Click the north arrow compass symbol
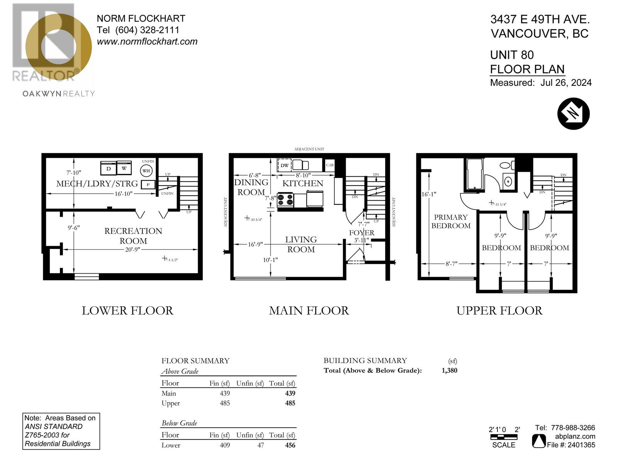click(x=573, y=113)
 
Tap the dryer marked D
click(x=109, y=168)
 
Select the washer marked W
click(x=124, y=168)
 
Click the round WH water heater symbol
click(x=146, y=171)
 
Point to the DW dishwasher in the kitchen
click(x=285, y=165)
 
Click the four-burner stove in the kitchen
click(x=285, y=200)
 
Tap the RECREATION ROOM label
click(x=133, y=236)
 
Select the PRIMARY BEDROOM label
click(x=451, y=221)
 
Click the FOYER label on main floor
click(x=362, y=233)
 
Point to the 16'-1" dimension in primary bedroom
click(x=428, y=194)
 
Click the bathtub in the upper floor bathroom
click(x=475, y=175)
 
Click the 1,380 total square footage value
click(x=449, y=370)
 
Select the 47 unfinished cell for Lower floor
click(x=261, y=445)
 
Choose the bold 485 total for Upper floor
click(x=290, y=403)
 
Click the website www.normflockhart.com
click(x=147, y=41)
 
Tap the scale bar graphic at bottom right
click(x=504, y=437)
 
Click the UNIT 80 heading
click(x=512, y=55)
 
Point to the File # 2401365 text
click(x=571, y=445)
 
